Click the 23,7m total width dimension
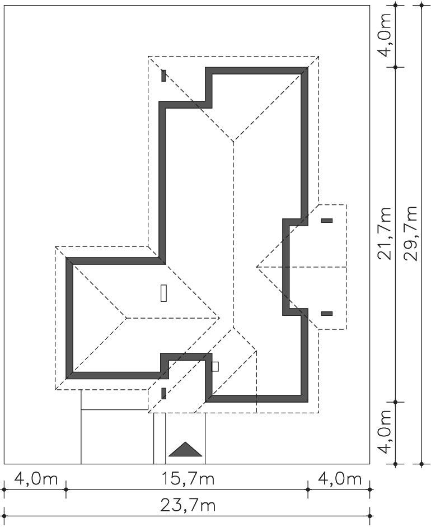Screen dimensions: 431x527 (188, 505)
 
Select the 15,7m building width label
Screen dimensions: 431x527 (188, 479)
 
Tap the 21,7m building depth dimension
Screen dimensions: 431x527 (385, 233)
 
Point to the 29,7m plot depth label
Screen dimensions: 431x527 (410, 233)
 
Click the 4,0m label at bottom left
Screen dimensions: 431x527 (36, 479)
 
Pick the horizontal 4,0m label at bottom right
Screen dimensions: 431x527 (340, 479)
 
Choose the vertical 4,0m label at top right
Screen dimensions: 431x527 (385, 35)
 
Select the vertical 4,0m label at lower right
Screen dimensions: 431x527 (385, 432)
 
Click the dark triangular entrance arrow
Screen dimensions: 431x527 (185, 449)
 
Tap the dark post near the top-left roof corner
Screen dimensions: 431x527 (163, 76)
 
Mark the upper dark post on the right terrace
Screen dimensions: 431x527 (327, 221)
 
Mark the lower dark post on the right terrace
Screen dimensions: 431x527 (327, 314)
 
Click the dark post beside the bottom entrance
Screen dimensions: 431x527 (163, 393)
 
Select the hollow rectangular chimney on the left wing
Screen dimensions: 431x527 (163, 293)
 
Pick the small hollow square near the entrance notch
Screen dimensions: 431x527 (215, 366)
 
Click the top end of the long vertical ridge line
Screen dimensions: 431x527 (233, 141)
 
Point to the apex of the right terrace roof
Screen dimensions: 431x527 (257, 267)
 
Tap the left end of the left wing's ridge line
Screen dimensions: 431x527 (127, 318)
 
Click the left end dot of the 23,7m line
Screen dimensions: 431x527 (4, 516)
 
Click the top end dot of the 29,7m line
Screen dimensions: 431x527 (422, 5)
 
